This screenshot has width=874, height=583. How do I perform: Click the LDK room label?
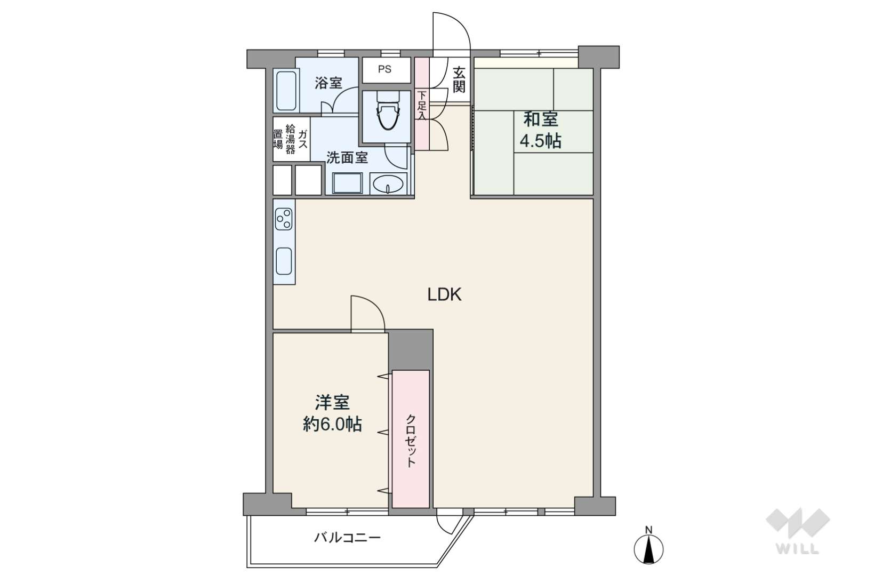point(444,294)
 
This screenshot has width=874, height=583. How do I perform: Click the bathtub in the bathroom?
point(286,91)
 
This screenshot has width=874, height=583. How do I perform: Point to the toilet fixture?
point(388,110)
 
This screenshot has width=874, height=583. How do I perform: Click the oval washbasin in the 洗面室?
point(388,184)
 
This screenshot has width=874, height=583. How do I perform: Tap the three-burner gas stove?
point(284,219)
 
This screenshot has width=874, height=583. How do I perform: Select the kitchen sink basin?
point(284,261)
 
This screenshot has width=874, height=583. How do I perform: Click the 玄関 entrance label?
point(459,80)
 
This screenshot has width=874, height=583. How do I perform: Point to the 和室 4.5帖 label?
point(540,130)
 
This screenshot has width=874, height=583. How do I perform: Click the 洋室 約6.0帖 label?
point(332,413)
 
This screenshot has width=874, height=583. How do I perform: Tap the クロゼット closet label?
point(411,441)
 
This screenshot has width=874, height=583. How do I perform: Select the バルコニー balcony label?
point(347,538)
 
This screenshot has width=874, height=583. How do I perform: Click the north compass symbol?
point(649,547)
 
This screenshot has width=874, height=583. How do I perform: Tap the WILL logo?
point(798,531)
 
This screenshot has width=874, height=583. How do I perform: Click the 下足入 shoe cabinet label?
point(422,106)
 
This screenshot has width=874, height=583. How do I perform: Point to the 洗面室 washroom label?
point(347,158)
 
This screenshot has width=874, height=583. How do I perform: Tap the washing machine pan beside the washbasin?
point(347,183)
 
